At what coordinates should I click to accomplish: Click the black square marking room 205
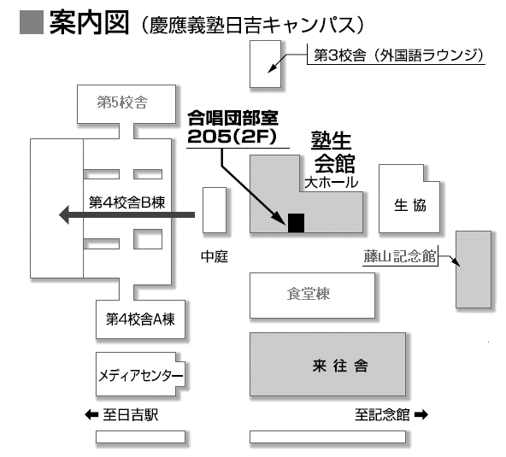[x=296, y=223]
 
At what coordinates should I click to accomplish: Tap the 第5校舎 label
[x=122, y=103]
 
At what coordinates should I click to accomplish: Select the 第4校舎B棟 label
[x=126, y=202]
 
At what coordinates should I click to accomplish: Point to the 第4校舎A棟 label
[x=140, y=319]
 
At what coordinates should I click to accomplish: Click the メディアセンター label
[x=140, y=375]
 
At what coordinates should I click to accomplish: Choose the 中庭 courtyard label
[x=215, y=256]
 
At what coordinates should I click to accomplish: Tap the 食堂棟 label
[x=309, y=294]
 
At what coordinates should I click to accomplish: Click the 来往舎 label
[x=340, y=366]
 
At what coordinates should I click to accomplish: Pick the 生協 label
[x=409, y=205]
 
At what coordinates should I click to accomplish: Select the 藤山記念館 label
[x=400, y=256]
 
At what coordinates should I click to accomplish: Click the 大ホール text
[x=332, y=183]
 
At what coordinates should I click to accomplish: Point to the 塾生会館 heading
[x=333, y=152]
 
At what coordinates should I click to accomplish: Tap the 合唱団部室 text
[x=232, y=118]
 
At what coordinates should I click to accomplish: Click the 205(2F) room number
[x=232, y=137]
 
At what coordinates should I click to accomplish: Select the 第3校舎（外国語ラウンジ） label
[x=399, y=56]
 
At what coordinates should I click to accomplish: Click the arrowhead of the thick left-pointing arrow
[x=64, y=214]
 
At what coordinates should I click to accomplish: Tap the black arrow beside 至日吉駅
[x=91, y=414]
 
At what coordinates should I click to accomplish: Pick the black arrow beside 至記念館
[x=421, y=414]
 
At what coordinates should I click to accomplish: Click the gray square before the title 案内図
[x=32, y=22]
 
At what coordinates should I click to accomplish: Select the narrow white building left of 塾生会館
[x=215, y=210]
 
